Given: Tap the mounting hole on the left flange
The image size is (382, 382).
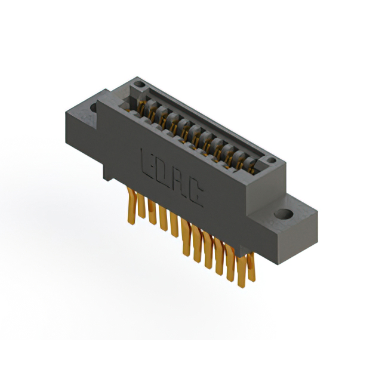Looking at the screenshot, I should point(94,109).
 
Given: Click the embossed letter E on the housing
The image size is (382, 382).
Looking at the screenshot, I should point(147,161).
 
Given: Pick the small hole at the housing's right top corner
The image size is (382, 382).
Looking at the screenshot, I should point(271,160).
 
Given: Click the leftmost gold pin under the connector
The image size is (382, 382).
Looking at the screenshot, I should point(131,206).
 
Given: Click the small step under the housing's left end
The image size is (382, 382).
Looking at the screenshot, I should point(106,176).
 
